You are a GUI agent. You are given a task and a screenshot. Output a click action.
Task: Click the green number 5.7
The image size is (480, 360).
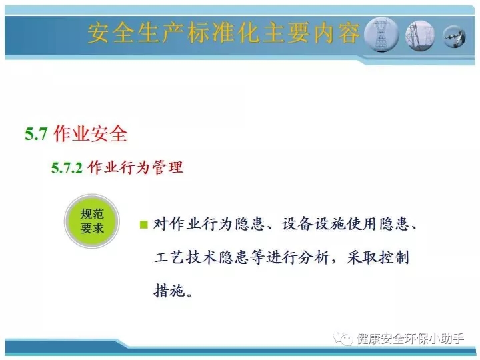36,134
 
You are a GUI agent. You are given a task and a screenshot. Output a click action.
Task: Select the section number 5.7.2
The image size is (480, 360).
67,168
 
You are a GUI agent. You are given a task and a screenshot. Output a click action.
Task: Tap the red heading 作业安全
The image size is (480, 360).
90,133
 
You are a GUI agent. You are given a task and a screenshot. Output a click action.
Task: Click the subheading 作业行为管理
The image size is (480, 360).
135,167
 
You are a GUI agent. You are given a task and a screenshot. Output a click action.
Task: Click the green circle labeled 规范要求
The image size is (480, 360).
92,221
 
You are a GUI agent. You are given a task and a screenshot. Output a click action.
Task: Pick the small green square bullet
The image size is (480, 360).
143,225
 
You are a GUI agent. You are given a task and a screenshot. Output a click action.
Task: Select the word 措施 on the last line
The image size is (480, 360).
169,290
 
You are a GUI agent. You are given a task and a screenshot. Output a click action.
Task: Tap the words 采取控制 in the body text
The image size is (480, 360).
378,257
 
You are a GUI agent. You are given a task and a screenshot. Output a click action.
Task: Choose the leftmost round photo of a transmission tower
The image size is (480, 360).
381,35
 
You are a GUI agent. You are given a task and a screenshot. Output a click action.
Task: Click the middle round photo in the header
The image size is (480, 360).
420,36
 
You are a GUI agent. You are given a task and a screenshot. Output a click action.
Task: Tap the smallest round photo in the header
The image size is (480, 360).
455,37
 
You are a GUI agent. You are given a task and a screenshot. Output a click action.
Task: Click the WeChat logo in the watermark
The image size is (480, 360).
343,339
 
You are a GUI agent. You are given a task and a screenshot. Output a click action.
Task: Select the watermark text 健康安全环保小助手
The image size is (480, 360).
411,339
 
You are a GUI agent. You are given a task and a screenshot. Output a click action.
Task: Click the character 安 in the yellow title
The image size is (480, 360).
99,33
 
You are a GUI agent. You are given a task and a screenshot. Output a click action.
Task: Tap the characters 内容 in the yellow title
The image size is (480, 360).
337,33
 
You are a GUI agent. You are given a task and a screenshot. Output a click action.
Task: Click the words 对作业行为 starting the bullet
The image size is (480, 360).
193,224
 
